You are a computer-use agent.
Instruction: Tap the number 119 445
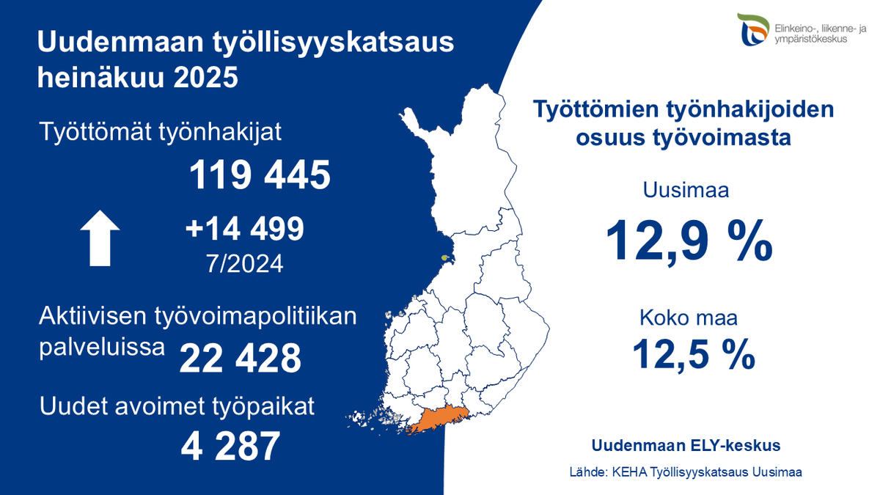point(260,175)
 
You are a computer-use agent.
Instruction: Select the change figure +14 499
point(245,230)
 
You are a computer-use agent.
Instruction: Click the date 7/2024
point(245,263)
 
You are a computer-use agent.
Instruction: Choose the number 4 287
point(230,445)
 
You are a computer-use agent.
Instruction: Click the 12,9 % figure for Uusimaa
point(689,240)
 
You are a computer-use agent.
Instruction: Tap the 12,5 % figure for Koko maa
point(694,353)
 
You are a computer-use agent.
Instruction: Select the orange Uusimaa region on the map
point(440,419)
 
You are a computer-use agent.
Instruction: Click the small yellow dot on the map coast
point(445,257)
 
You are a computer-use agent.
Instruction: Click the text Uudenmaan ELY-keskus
point(686,445)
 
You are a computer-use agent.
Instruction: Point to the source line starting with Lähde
point(686,472)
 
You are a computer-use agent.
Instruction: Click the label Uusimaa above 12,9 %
point(686,192)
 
